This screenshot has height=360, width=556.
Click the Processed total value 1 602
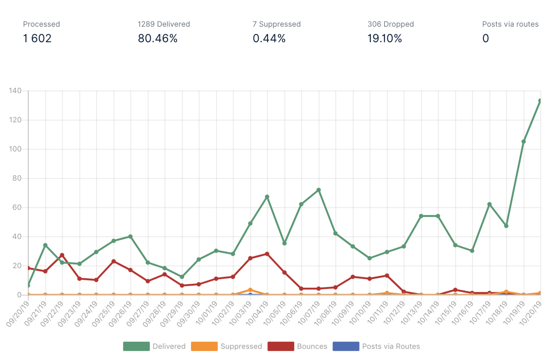point(37,39)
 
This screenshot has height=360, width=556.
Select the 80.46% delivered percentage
point(158,39)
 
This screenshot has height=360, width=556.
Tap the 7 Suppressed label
point(277,24)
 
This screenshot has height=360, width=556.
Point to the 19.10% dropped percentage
point(384,39)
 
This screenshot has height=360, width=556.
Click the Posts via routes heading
point(510,24)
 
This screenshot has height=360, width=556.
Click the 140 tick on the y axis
point(15,91)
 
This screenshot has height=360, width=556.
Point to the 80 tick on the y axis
point(17,178)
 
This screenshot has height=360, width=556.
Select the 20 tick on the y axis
point(17,266)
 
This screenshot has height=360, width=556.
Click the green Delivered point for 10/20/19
point(540,101)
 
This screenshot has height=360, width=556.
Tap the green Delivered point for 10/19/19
point(523,141)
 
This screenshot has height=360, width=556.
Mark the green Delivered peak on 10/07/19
point(319,190)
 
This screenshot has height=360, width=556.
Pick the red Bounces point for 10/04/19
point(267,254)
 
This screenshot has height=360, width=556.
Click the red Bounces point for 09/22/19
point(62,255)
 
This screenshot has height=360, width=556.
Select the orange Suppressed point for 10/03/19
point(250,290)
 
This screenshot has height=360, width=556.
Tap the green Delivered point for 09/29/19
point(182,277)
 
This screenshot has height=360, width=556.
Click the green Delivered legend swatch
point(136,346)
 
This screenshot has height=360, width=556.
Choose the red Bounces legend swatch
point(281,346)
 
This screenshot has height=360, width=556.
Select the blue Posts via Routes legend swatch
point(346,346)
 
